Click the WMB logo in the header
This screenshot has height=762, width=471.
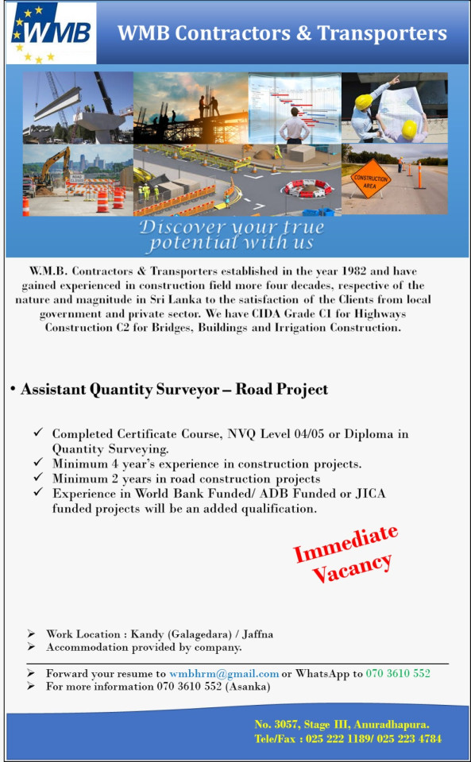tap(51, 34)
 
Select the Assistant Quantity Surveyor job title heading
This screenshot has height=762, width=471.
tap(174, 390)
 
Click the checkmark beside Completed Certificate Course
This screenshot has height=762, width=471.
tap(38, 433)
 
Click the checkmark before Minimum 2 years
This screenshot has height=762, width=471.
tap(38, 479)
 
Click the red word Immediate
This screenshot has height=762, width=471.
tap(346, 544)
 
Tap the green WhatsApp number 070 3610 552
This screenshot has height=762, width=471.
tap(398, 673)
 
